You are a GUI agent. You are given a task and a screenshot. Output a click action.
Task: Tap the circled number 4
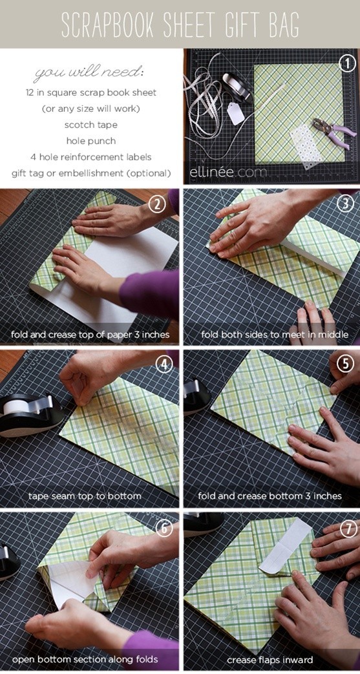[x=164, y=365]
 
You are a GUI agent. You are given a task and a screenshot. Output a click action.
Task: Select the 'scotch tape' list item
[x=90, y=125]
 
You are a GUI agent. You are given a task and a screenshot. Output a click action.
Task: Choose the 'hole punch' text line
[x=90, y=141]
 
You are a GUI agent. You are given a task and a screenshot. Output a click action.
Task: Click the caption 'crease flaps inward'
[x=270, y=660]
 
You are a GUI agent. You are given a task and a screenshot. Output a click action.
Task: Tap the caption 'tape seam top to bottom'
[x=85, y=496]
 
